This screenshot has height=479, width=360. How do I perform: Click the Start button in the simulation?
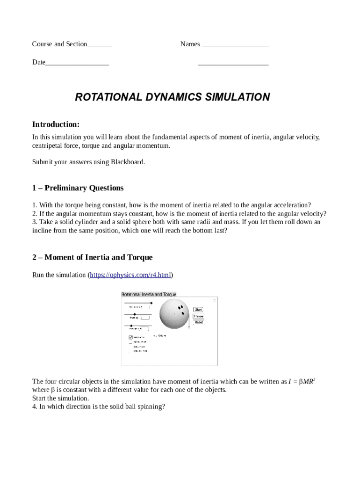point(198,310)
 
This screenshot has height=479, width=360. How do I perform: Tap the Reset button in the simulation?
point(198,322)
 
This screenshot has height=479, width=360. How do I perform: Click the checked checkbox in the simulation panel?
point(131,337)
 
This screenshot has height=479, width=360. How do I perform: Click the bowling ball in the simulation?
point(174,314)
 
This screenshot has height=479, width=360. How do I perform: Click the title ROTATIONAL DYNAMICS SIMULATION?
point(173,97)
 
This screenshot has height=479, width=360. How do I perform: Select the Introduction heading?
point(56,124)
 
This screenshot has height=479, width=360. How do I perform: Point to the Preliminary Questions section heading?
point(78,188)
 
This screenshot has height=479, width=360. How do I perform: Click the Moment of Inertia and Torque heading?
point(92,257)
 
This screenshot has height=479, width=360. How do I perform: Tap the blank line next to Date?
point(77,63)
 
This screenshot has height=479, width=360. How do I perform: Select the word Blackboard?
point(128,162)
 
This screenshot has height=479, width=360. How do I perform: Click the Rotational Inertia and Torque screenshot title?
point(149,294)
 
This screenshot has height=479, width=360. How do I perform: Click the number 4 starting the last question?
point(34,407)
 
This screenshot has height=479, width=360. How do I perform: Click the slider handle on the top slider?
point(151,303)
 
